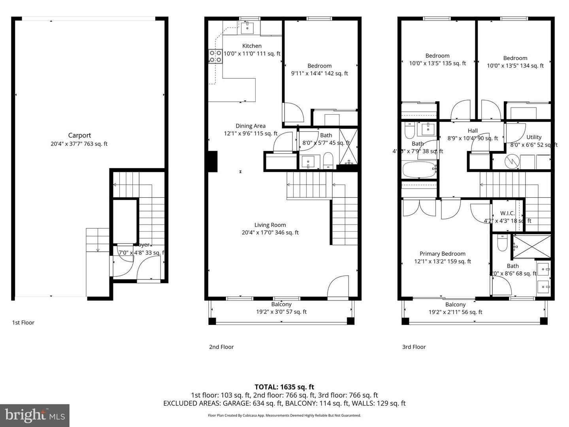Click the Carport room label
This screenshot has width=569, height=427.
[x=79, y=135]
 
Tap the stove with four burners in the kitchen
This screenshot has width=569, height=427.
[x=215, y=56]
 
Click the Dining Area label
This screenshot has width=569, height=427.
[x=251, y=126]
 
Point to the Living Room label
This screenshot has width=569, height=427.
[x=270, y=225]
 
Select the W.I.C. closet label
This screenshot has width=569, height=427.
[x=507, y=213]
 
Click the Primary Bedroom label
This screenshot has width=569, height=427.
[x=442, y=254]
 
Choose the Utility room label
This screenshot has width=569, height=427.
[x=534, y=137]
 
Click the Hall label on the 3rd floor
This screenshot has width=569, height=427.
[x=473, y=131]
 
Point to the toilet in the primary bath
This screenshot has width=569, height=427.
[x=502, y=243]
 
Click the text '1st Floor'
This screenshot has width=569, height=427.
[x=23, y=323]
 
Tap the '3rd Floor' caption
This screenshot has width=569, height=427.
[x=414, y=347]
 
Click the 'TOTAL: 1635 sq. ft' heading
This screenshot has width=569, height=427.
[x=284, y=387]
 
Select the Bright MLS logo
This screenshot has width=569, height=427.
[x=35, y=415]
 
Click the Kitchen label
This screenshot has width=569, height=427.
[x=252, y=46]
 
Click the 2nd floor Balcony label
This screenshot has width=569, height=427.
[x=281, y=304]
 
